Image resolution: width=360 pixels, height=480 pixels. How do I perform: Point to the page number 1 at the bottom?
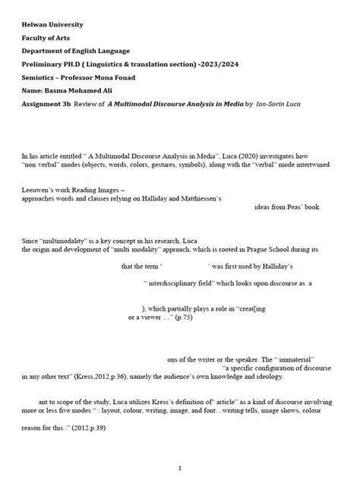click(x=179, y=467)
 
